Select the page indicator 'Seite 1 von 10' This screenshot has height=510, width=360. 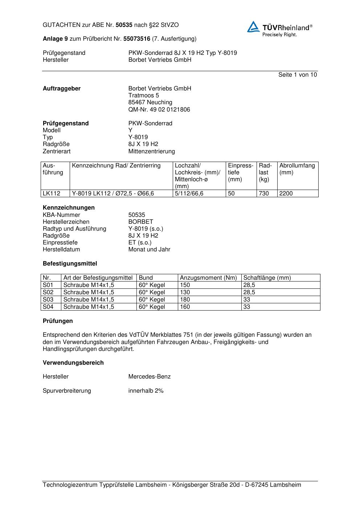[297, 74]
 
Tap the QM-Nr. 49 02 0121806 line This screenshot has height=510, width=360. [159, 109]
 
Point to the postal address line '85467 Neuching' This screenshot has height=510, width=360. [150, 102]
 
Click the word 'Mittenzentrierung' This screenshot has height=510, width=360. [151, 151]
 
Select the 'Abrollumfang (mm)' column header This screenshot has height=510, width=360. [297, 169]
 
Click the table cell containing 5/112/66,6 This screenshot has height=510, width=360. [189, 193]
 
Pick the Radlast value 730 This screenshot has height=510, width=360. [264, 193]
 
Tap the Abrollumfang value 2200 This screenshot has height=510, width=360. [286, 193]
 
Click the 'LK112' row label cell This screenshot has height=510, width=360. [52, 193]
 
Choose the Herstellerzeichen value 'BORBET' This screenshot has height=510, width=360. [140, 222]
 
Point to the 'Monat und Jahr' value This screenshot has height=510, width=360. [149, 249]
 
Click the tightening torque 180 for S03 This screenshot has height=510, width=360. [185, 299]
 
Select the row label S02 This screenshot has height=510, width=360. [48, 292]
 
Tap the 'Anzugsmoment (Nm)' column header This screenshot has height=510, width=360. [208, 278]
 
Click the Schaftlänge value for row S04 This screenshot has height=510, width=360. [247, 307]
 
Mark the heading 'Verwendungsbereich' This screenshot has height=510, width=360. [73, 363]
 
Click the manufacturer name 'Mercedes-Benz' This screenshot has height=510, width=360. [149, 376]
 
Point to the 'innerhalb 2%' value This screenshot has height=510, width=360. [146, 390]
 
